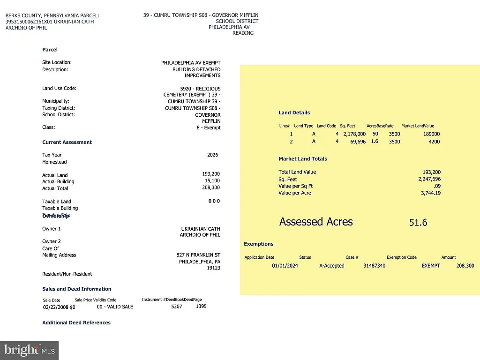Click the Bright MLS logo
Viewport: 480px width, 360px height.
coord(29,350)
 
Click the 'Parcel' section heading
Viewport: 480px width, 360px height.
coord(50,50)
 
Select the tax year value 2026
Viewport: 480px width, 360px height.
coord(212,155)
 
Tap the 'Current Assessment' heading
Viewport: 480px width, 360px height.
coord(67,142)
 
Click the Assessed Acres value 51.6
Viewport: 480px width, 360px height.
coord(418,223)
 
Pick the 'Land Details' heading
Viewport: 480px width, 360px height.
coord(294,112)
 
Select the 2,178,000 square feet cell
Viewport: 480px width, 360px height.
coord(354,134)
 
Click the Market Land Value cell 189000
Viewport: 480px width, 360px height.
coord(431,134)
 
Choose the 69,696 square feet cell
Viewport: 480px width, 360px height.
coord(358,142)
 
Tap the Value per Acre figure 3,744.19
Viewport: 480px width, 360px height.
coord(431,193)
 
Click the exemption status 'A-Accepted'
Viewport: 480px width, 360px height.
coord(331,266)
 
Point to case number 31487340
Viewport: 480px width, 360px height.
coord(374,266)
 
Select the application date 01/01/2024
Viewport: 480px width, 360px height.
coord(285,266)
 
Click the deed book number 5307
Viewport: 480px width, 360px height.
coord(177,307)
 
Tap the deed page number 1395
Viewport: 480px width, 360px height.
coord(201,306)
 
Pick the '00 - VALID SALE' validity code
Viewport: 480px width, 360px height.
coord(115,307)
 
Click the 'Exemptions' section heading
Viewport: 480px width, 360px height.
coord(258,244)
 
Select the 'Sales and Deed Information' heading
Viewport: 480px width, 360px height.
coord(76,289)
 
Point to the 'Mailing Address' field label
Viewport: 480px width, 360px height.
coord(59,255)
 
